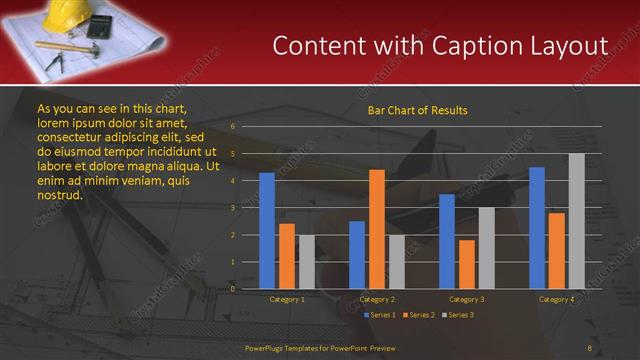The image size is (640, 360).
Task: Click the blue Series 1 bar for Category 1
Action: tap(267, 231)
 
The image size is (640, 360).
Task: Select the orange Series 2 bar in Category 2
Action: tap(377, 229)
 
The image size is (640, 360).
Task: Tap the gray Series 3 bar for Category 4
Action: tap(577, 221)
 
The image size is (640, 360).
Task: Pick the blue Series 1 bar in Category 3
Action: tap(447, 241)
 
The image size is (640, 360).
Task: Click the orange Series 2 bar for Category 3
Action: tap(467, 264)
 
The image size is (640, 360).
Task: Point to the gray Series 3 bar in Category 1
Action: tap(306, 262)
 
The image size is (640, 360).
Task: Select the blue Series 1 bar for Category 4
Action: tap(537, 228)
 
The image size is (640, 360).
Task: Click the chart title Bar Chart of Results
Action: tap(417, 110)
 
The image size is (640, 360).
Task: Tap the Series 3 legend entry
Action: tap(459, 315)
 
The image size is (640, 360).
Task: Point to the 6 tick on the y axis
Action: tap(232, 127)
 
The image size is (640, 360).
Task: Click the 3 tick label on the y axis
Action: tap(232, 208)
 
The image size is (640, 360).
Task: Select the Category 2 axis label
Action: tap(377, 299)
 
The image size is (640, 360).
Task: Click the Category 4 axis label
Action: tap(557, 299)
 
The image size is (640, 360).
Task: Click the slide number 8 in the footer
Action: tap(590, 347)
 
